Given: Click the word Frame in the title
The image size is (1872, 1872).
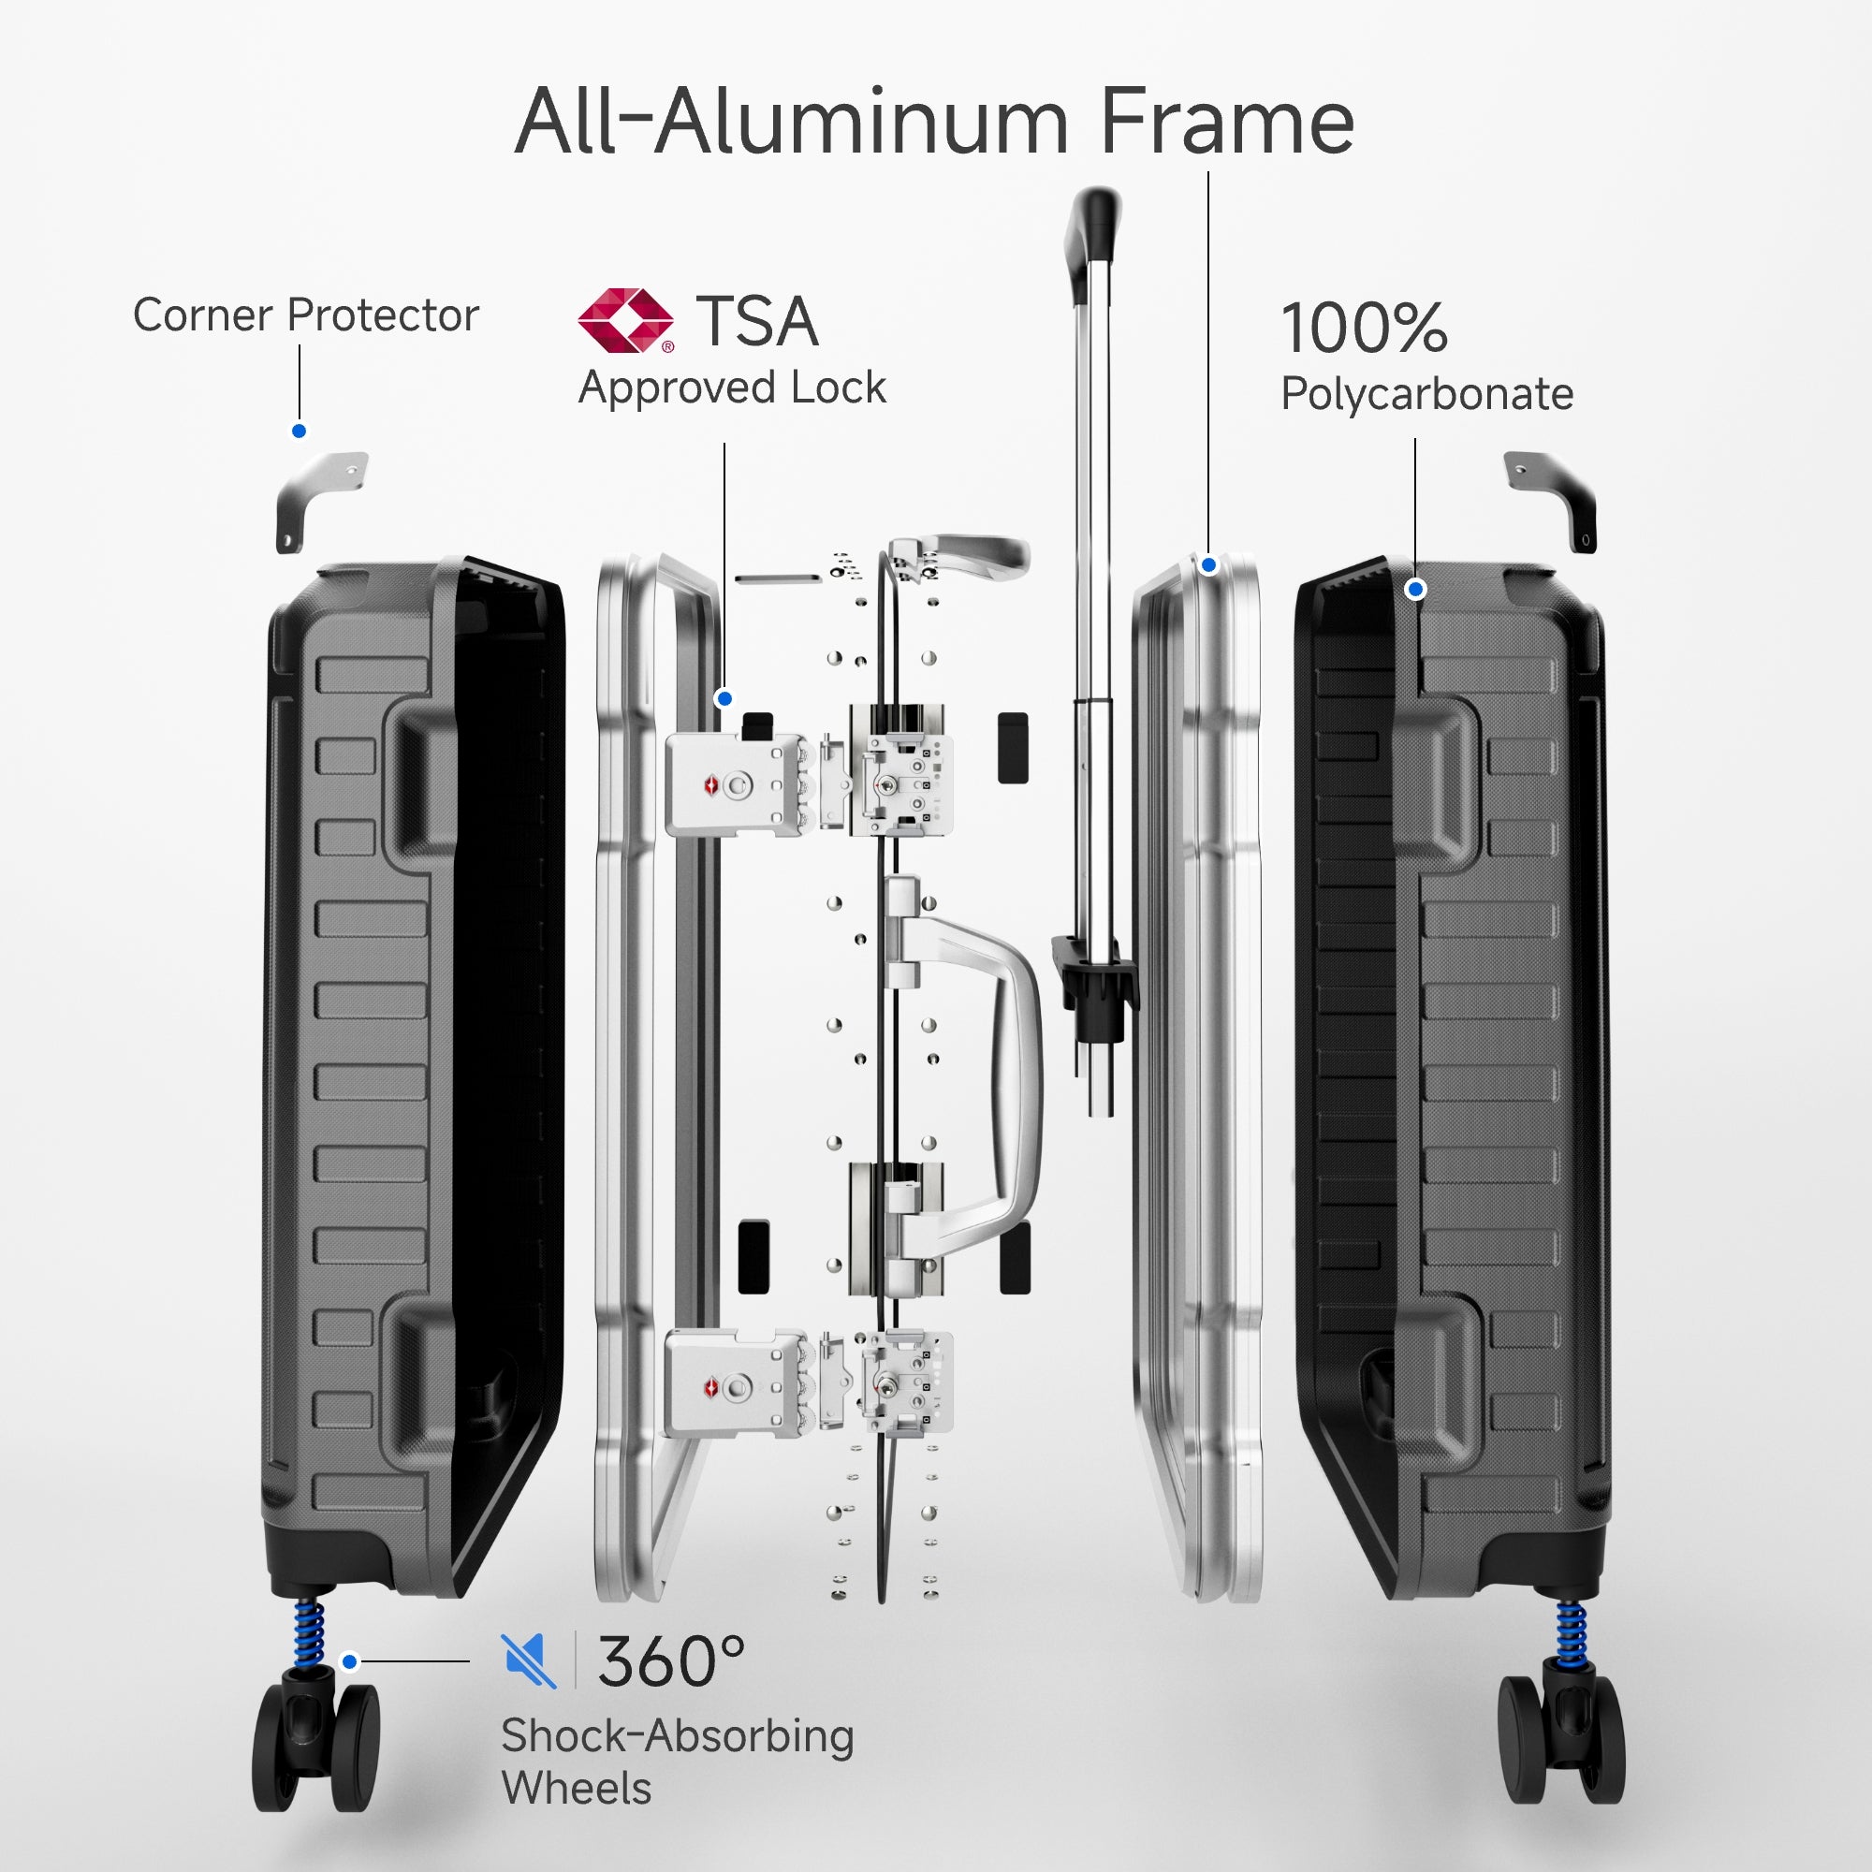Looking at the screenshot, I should tap(1227, 122).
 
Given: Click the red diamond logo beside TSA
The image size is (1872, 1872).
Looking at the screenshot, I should tap(625, 320).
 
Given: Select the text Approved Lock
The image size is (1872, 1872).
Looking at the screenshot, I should tap(732, 388).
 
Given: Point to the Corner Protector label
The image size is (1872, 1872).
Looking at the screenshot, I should tap(305, 314).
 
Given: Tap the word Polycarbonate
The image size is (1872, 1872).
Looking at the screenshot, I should tap(1426, 394).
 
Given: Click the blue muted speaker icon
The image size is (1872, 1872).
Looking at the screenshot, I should tap(528, 1660).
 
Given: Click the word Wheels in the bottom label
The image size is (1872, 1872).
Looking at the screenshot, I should tap(577, 1788).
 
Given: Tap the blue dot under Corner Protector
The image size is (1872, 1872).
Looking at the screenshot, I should tap(300, 431).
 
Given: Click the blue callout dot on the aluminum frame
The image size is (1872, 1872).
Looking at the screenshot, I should tap(1208, 565).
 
